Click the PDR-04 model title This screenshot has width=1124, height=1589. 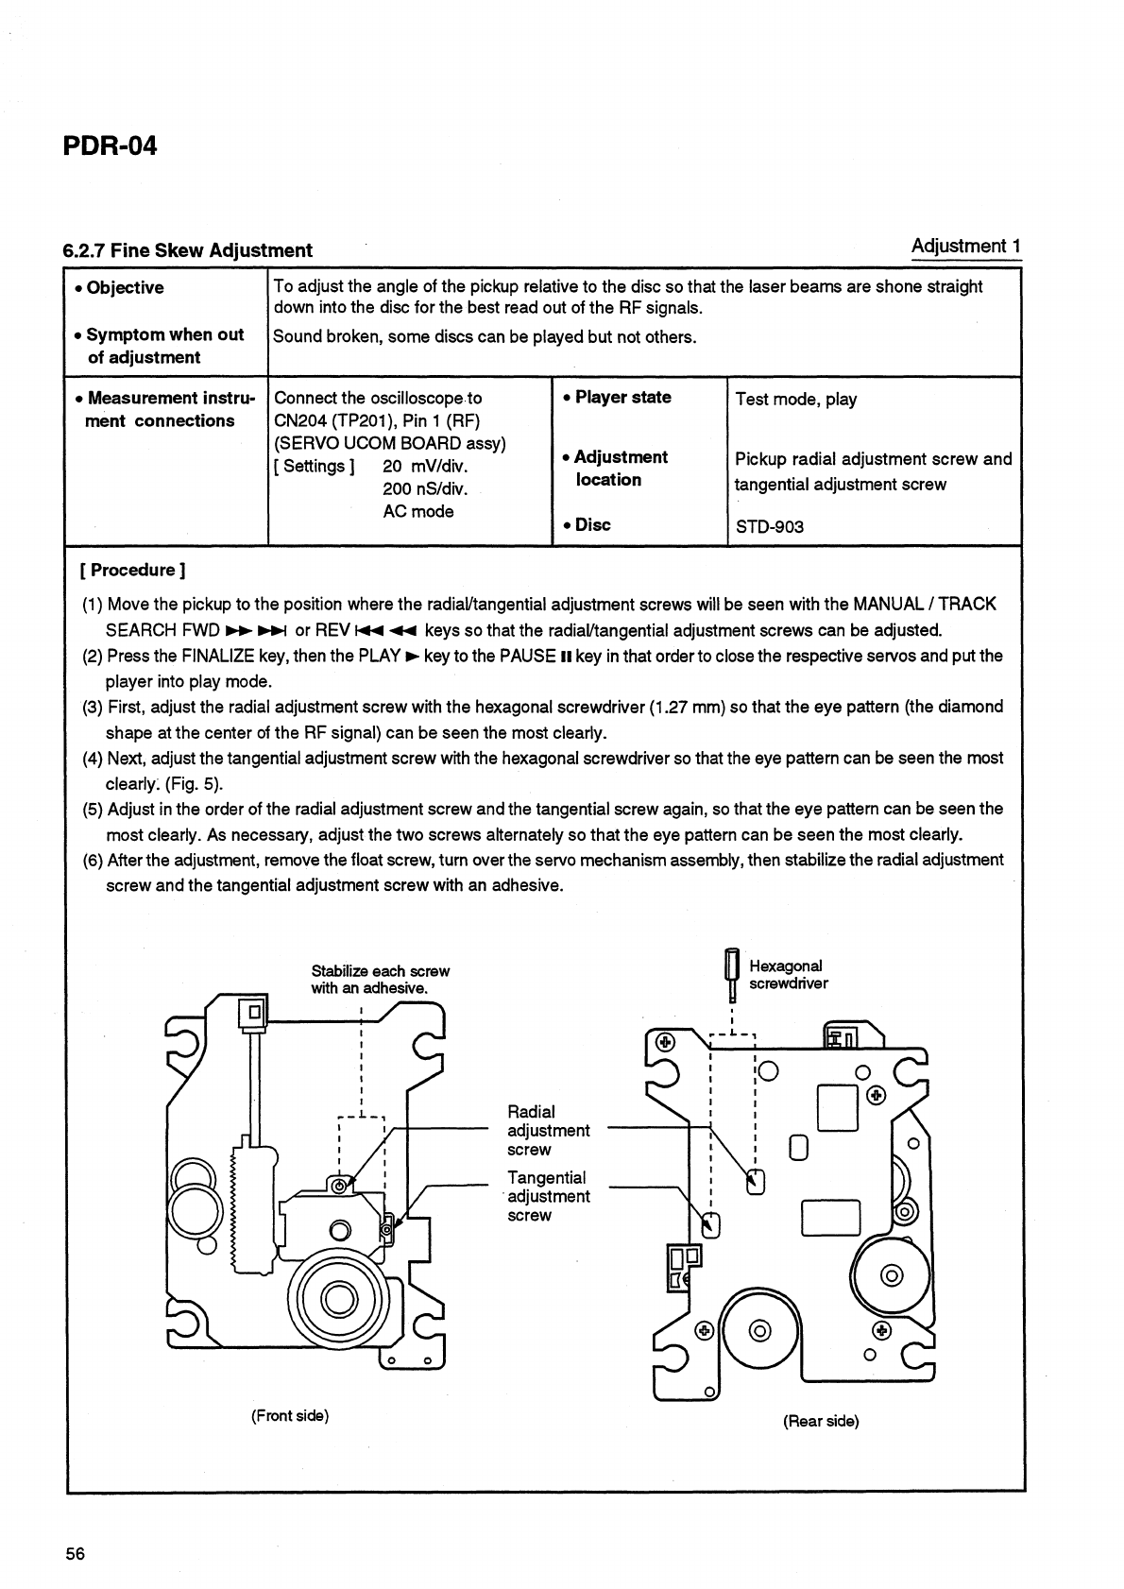[110, 147]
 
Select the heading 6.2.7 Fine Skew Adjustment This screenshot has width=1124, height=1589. [187, 250]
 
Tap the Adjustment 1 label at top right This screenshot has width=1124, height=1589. [965, 247]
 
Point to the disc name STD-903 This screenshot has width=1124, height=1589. [770, 526]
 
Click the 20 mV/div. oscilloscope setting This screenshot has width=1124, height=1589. [425, 466]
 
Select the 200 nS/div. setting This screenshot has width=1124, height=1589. [425, 488]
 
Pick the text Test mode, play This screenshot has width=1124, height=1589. [796, 399]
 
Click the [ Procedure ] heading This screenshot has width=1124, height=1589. [133, 570]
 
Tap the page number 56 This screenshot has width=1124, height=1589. [76, 1554]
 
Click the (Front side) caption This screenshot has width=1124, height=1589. [289, 1416]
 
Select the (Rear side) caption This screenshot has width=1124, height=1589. [820, 1421]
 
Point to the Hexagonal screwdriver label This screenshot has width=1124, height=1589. [788, 974]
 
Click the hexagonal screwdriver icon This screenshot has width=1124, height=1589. [730, 975]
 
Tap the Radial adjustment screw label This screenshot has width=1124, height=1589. [548, 1131]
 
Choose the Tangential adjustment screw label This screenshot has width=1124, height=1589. [548, 1196]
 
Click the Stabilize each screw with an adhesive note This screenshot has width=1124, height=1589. [380, 980]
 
